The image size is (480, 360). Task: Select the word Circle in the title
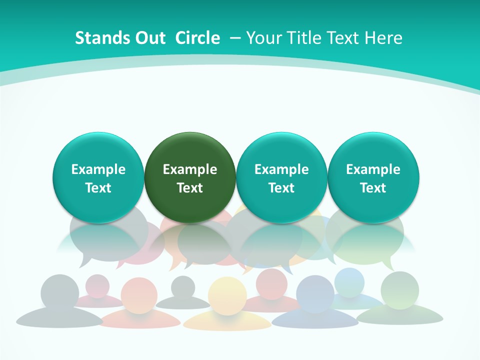pyautogui.click(x=197, y=38)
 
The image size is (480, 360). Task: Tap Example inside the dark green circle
pyautogui.click(x=190, y=169)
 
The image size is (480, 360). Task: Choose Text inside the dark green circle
pyautogui.click(x=190, y=188)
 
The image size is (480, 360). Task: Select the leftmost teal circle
pyautogui.click(x=98, y=177)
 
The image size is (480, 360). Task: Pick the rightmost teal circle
pyautogui.click(x=373, y=177)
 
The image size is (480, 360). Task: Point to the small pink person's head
pyautogui.click(x=97, y=285)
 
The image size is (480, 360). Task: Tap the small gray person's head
pyautogui.click(x=183, y=287)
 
